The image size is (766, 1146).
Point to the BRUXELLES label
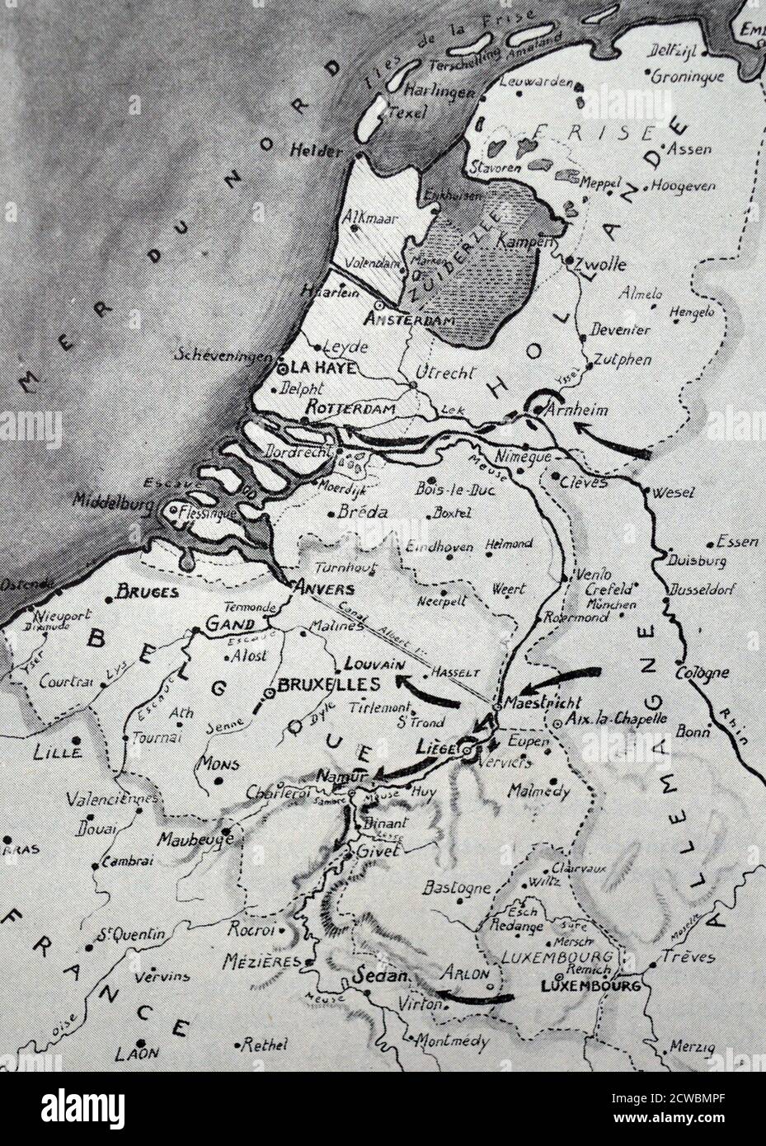[x=328, y=684]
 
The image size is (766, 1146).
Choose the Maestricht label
[x=543, y=703]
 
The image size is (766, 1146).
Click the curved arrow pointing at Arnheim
[x=612, y=439]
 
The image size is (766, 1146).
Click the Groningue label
[x=687, y=77]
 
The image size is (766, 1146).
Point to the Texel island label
[x=406, y=113]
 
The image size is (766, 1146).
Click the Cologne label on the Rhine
[x=702, y=672]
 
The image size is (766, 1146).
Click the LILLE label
[x=57, y=752]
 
